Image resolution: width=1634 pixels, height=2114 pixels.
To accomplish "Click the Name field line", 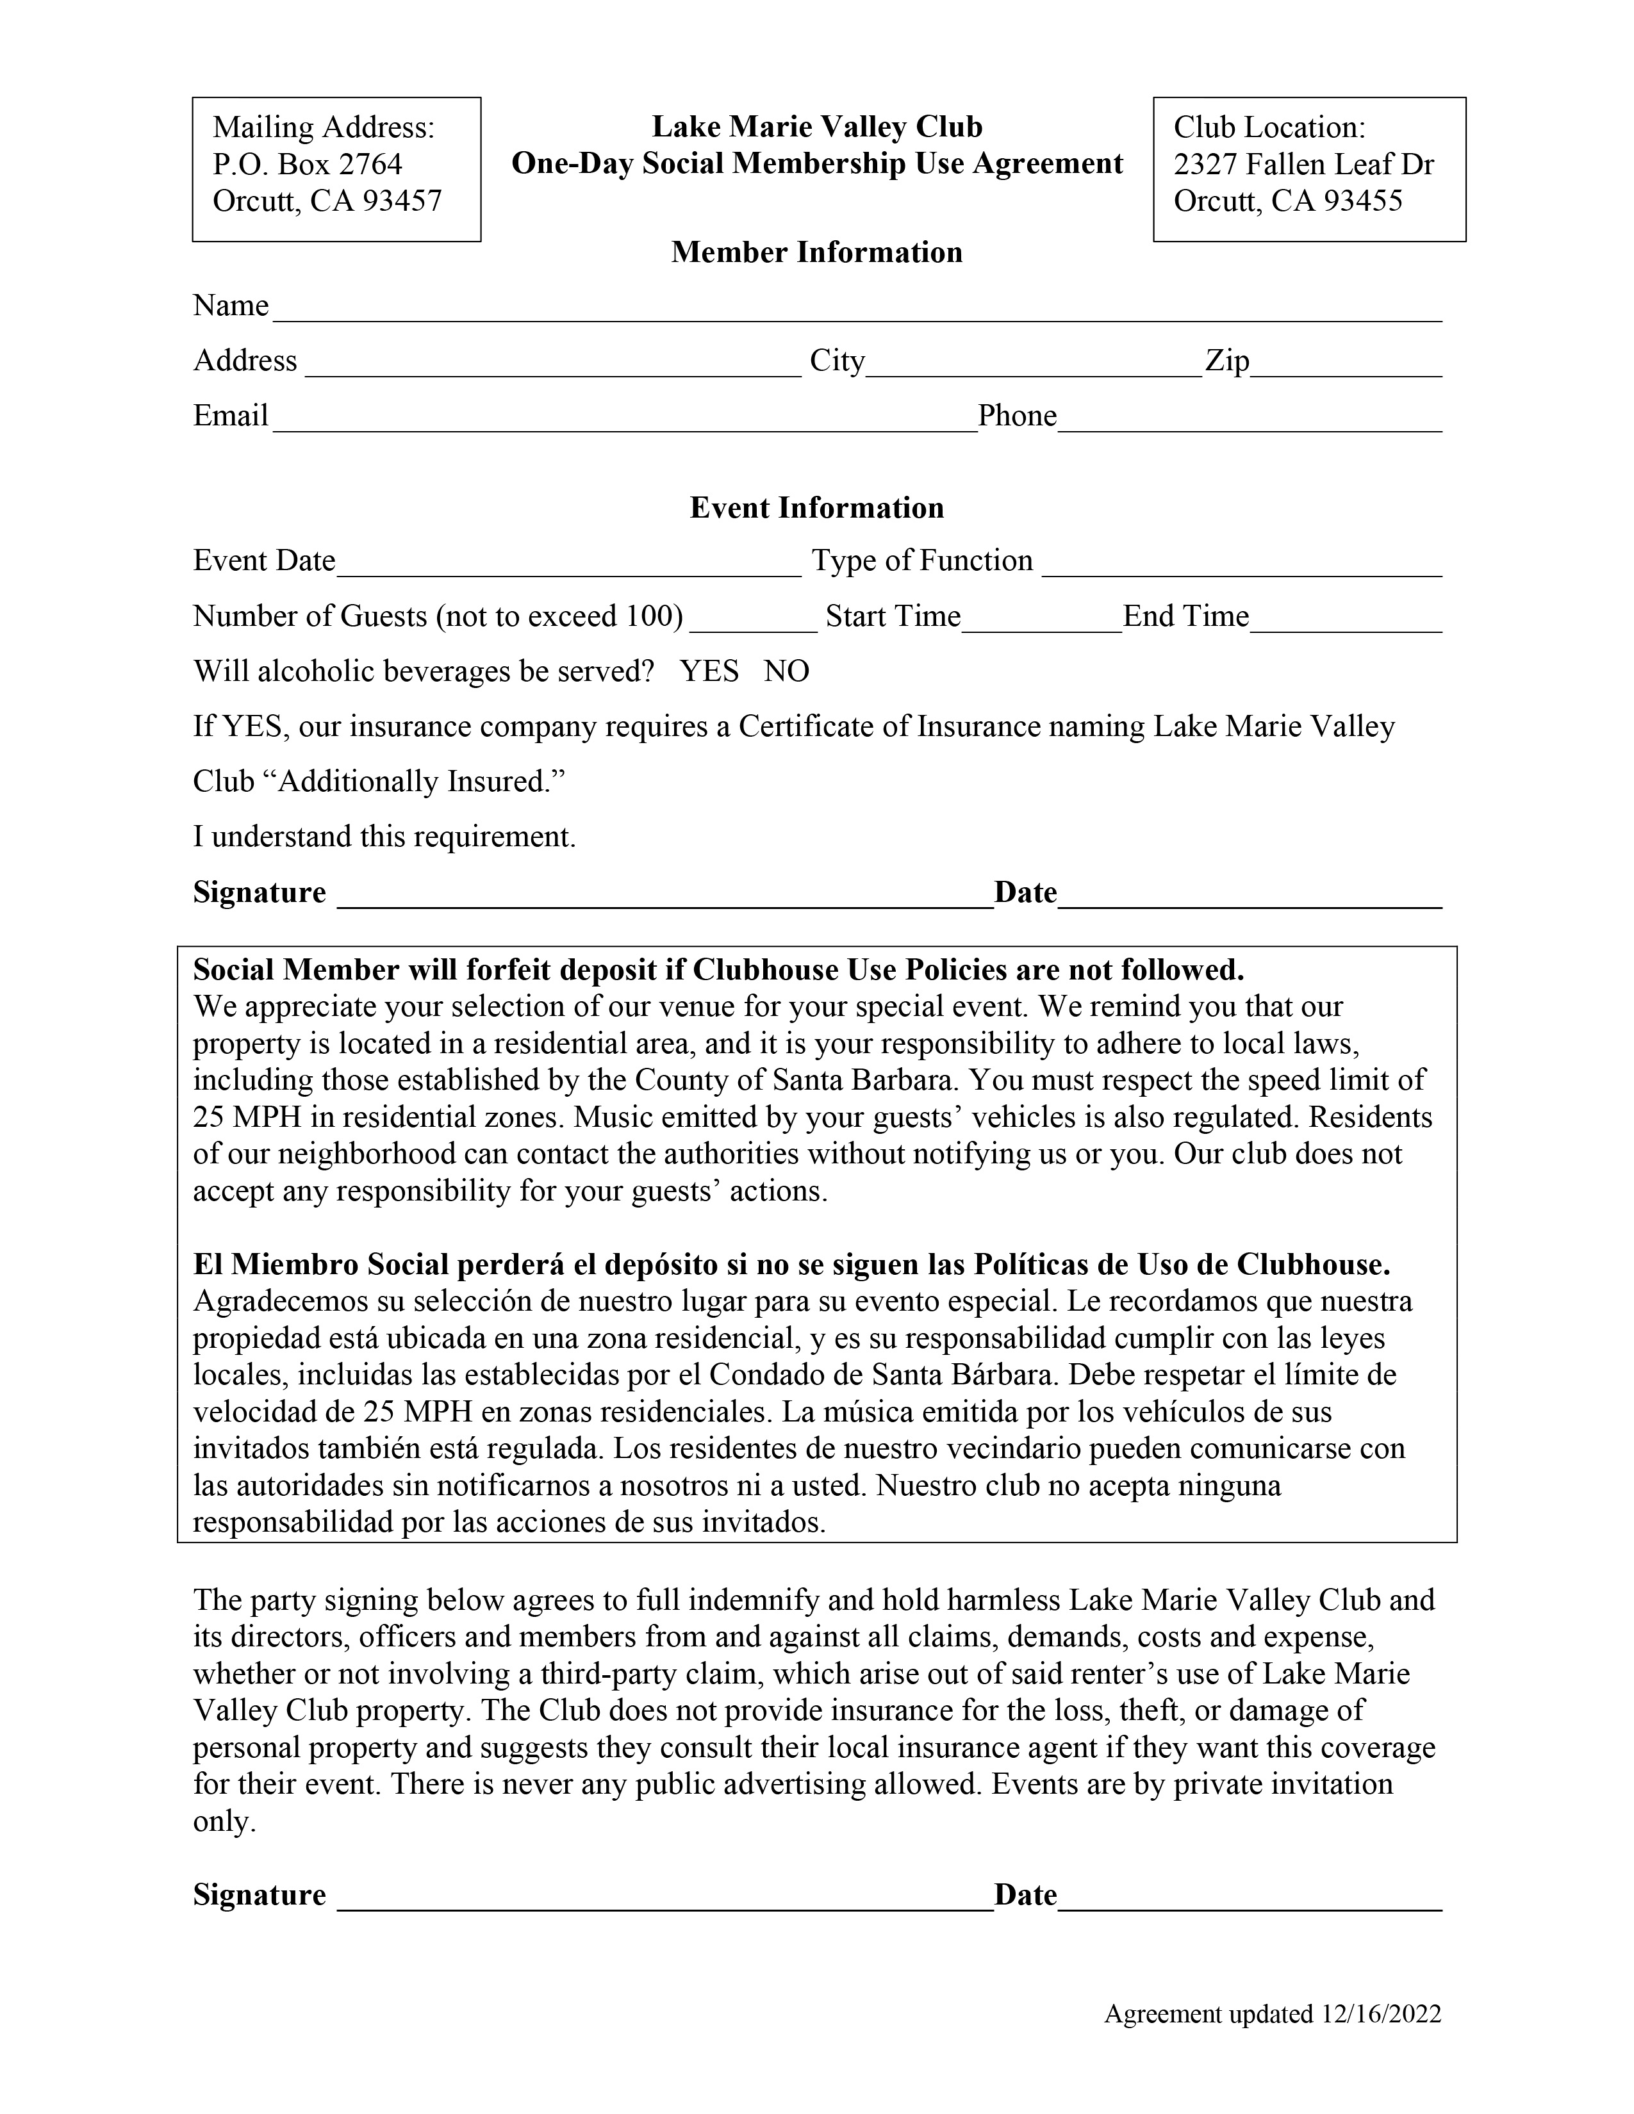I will pyautogui.click(x=857, y=307).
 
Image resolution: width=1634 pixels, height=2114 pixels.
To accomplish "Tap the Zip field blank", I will pyautogui.click(x=1346, y=363).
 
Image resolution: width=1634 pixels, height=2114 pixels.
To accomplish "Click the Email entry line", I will pyautogui.click(x=624, y=418).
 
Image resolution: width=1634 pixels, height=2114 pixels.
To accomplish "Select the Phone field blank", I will pyautogui.click(x=1249, y=418).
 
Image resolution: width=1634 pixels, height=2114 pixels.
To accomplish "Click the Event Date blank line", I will pyautogui.click(x=568, y=563).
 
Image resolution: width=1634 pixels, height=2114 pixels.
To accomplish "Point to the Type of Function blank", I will pyautogui.click(x=1241, y=563).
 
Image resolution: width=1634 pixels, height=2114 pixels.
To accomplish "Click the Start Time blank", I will pyautogui.click(x=1041, y=619).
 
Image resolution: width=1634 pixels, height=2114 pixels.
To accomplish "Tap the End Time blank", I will pyautogui.click(x=1346, y=619).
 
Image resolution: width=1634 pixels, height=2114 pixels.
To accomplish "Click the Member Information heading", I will pyautogui.click(x=816, y=252).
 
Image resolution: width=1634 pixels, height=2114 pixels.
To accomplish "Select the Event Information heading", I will pyautogui.click(x=816, y=508).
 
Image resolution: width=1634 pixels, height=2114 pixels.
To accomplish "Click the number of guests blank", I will pyautogui.click(x=753, y=619).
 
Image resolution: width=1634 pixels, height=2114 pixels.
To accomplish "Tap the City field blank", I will pyautogui.click(x=1033, y=363).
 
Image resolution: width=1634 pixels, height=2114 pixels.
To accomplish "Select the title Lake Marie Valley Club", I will pyautogui.click(x=816, y=127).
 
